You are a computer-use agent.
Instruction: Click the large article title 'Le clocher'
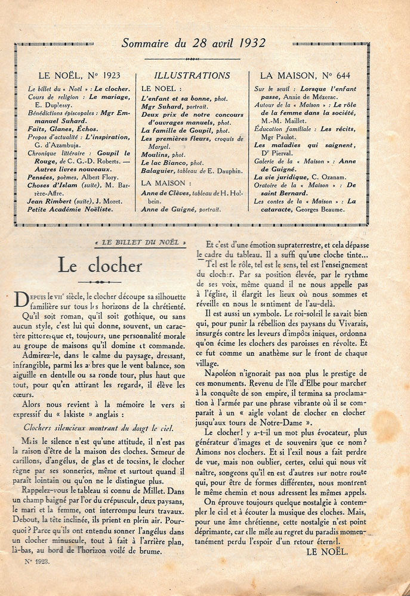coord(100,266)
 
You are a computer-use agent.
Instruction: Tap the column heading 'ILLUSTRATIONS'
coord(192,76)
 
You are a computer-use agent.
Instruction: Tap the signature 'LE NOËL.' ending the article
coord(326,552)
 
